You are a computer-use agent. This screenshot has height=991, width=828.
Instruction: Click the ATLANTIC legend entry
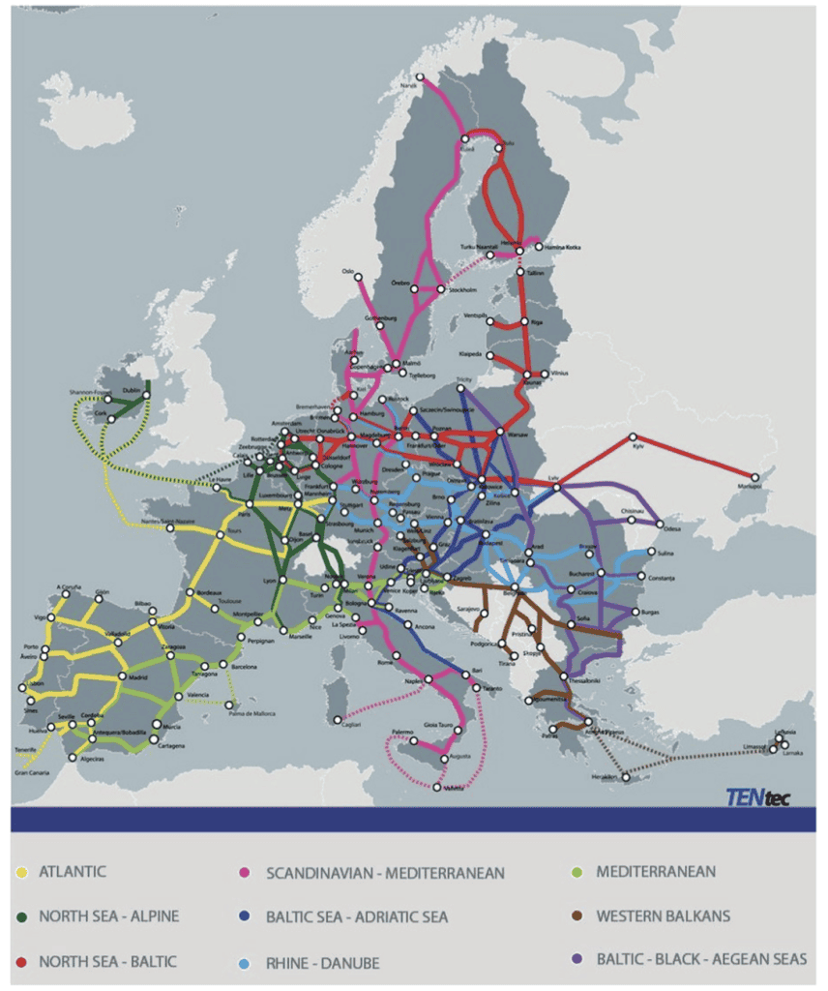click(73, 872)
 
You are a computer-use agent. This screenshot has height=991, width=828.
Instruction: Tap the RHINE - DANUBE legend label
click(309, 963)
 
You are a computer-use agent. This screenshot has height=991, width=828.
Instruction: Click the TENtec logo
click(757, 797)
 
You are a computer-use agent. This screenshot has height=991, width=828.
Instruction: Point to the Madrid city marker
click(123, 676)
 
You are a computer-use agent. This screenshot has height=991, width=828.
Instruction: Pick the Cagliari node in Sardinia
click(337, 719)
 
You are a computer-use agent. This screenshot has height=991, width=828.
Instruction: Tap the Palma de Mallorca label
click(250, 714)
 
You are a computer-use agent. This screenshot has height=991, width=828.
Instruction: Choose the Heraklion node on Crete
click(626, 777)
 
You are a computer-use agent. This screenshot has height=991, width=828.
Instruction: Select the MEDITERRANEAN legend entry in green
click(656, 872)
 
